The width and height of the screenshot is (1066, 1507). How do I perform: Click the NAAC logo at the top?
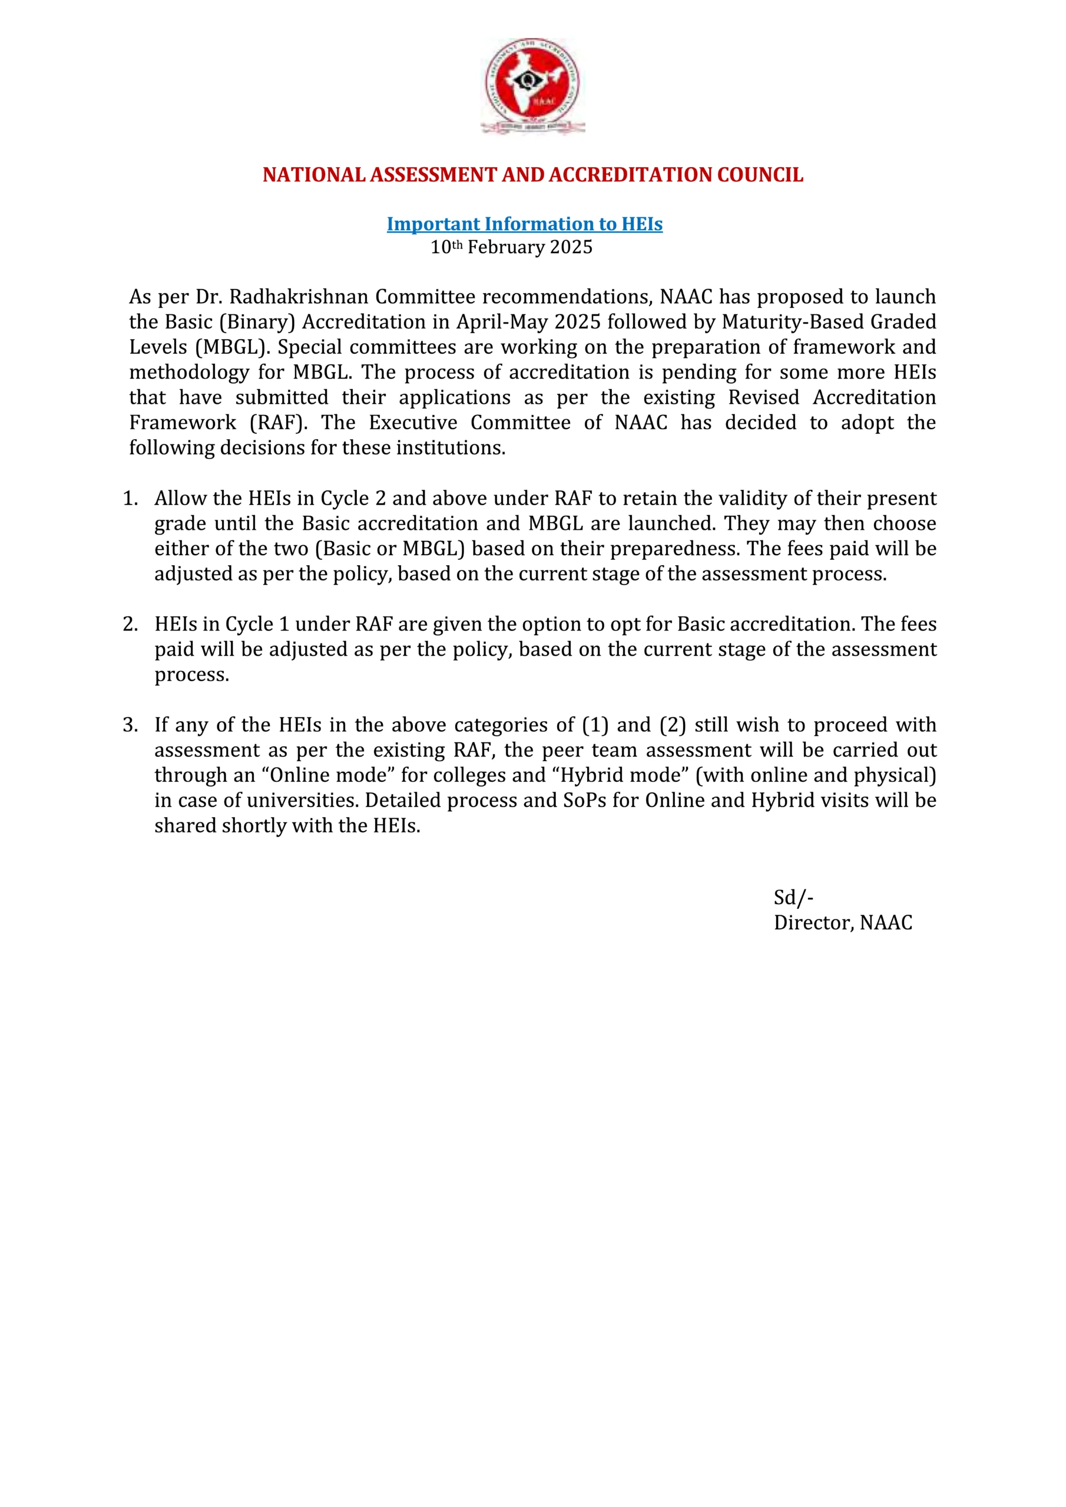point(532,86)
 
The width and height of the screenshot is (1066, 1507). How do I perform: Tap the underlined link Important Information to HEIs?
point(524,224)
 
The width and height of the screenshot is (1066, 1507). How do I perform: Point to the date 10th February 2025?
point(511,247)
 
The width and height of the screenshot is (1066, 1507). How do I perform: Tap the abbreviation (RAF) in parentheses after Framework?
point(279,423)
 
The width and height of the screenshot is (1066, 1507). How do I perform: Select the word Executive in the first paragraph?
point(412,423)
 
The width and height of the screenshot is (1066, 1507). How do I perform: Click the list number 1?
point(130,498)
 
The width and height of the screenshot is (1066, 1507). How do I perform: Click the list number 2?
point(130,623)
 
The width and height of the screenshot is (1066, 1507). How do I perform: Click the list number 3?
point(130,725)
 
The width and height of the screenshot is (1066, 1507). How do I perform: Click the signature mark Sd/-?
point(793,897)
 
